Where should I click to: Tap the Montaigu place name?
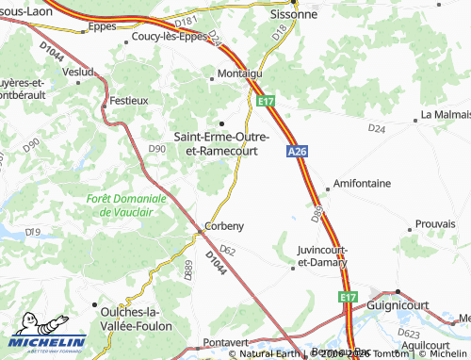(239, 73)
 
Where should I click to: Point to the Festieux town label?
(129, 99)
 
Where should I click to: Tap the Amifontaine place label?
(358, 184)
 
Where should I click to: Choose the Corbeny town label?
(225, 227)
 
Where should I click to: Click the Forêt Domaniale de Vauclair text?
(126, 205)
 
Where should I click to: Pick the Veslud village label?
(77, 72)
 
